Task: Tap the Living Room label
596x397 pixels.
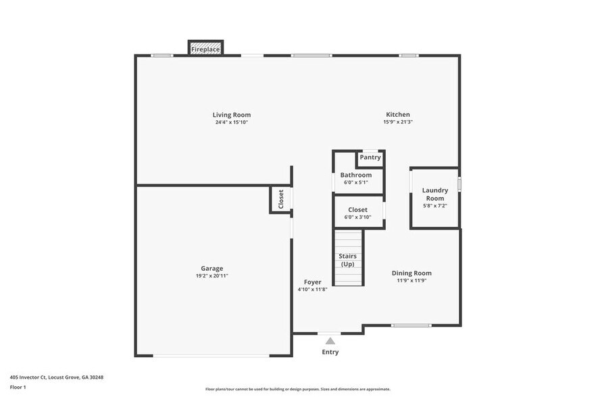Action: coord(232,115)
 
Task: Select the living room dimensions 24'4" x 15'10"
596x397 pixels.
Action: coord(232,123)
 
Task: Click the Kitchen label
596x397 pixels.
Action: coord(398,115)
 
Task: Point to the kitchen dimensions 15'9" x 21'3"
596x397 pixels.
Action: coord(398,123)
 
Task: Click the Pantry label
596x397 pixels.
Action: coord(370,157)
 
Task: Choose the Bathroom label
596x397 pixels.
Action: coord(356,175)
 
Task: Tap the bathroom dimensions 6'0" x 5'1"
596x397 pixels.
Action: coord(356,182)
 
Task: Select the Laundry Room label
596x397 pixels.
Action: coord(435,194)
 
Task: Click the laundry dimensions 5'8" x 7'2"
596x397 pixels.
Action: coord(435,205)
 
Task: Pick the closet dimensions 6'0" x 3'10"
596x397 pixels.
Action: coord(358,217)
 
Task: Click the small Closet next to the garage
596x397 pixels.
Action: coord(281,199)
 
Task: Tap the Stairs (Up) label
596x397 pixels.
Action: coord(348,260)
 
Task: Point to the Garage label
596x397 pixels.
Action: coord(212,268)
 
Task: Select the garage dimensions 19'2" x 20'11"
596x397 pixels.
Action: coord(212,276)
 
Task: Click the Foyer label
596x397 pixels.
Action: coord(312,282)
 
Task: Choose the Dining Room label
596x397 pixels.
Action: coord(412,273)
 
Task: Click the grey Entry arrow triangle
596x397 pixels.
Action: coord(330,341)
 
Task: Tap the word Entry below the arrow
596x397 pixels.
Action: coord(330,352)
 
